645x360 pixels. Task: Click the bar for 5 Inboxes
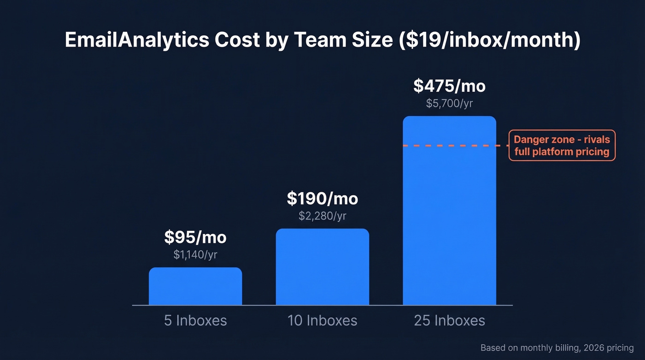click(x=195, y=286)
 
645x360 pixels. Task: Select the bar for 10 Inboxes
click(x=322, y=267)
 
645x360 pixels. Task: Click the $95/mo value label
click(x=195, y=237)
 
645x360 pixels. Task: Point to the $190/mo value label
click(x=322, y=199)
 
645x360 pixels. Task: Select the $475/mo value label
click(x=449, y=86)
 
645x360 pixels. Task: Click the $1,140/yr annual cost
click(x=195, y=254)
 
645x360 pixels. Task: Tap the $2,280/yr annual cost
click(x=322, y=216)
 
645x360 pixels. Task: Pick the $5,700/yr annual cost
click(x=449, y=103)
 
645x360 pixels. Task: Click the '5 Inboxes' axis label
click(x=195, y=321)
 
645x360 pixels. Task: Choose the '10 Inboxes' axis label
click(x=322, y=321)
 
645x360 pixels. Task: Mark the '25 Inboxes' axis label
click(x=449, y=321)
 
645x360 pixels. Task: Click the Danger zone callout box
click(x=562, y=145)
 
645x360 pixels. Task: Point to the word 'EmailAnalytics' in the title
click(x=136, y=41)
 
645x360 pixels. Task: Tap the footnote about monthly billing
click(x=557, y=348)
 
